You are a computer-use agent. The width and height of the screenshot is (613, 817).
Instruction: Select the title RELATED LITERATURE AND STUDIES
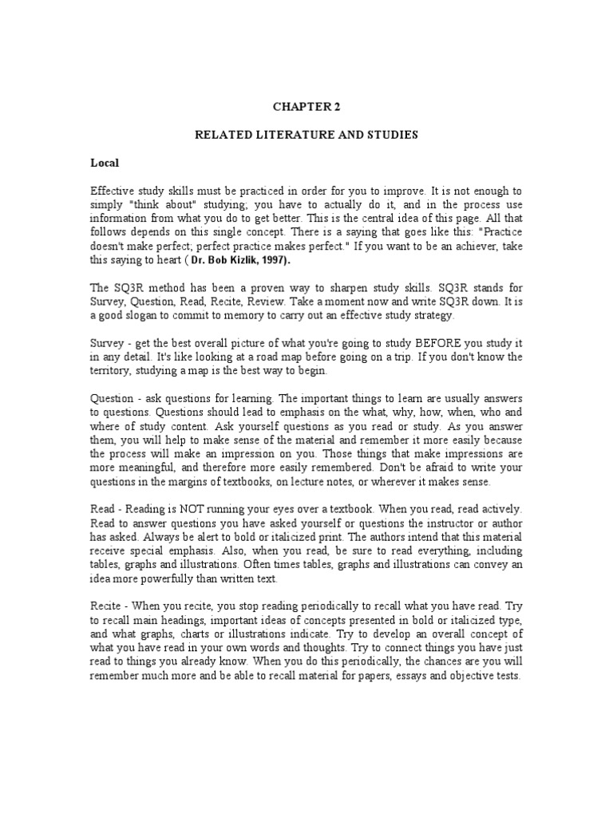(306, 136)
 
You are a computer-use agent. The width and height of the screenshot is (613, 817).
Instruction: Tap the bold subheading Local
(105, 163)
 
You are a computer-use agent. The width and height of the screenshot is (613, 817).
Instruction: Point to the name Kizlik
(249, 261)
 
